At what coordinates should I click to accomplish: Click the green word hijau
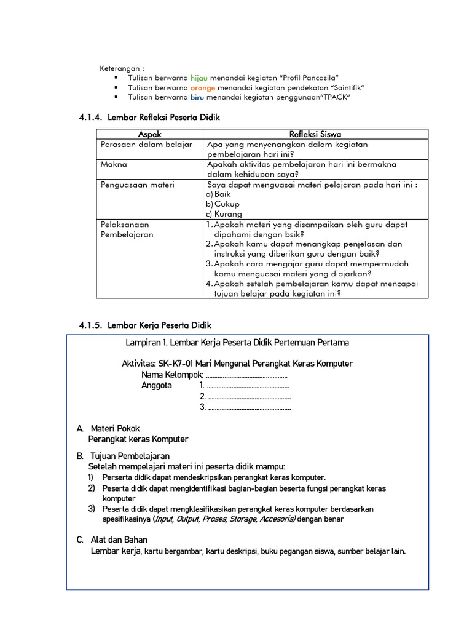point(199,78)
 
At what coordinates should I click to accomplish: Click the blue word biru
point(196,97)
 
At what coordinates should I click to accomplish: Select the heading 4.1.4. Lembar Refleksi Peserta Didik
point(149,117)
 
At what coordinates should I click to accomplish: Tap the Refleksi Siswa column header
point(315,134)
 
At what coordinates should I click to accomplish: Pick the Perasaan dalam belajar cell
point(146,145)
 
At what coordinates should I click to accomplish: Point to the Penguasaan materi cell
point(137,185)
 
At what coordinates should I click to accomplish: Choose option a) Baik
point(218,194)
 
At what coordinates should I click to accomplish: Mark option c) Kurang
point(224,214)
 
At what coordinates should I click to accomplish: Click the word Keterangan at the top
point(122,68)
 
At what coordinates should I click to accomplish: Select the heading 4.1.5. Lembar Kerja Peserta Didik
point(145,325)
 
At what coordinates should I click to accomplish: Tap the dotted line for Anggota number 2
point(249,397)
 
